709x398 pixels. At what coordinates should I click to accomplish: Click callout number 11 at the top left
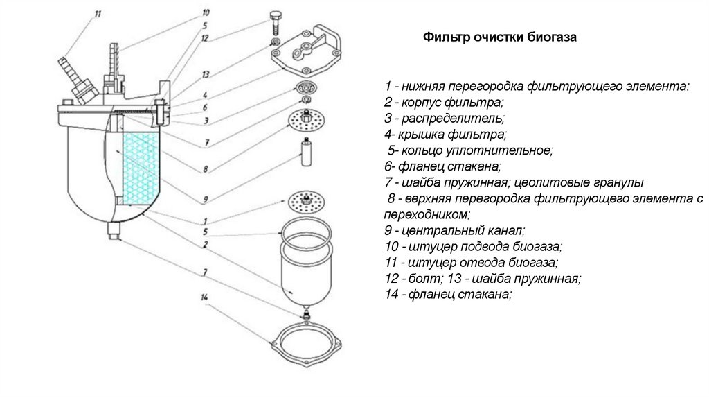click(x=98, y=12)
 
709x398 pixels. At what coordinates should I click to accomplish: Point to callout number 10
click(x=205, y=12)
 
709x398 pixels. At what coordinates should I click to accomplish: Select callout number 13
click(x=206, y=73)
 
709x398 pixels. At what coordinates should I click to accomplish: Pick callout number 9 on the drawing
click(x=206, y=200)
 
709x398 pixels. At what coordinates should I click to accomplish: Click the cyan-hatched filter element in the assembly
click(x=139, y=173)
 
